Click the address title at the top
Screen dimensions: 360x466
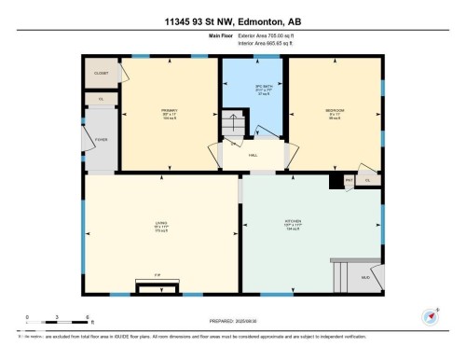tap(232, 21)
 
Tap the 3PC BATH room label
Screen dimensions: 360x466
tap(252, 89)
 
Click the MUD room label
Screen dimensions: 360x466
tap(366, 277)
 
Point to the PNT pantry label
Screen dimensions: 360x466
tap(349, 179)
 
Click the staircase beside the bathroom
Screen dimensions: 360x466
tap(231, 126)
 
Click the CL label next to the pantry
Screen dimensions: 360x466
tap(367, 179)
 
